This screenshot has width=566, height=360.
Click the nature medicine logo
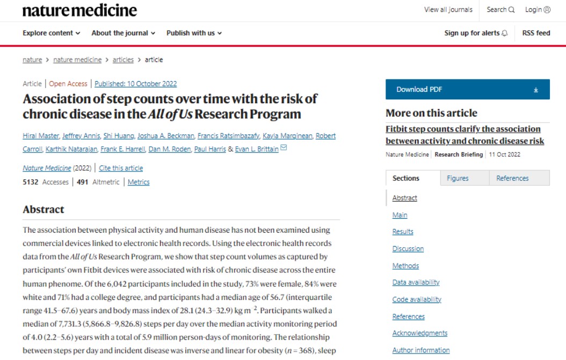click(x=79, y=10)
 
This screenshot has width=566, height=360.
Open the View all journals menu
click(x=448, y=10)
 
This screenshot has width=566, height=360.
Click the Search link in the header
click(x=500, y=10)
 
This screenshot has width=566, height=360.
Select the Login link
click(x=538, y=10)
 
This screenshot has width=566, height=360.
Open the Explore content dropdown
click(x=51, y=33)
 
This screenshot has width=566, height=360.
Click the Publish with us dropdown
click(x=194, y=33)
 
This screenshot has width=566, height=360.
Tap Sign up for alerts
click(x=475, y=33)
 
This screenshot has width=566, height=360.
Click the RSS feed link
click(x=536, y=33)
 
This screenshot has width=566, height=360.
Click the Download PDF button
click(x=467, y=90)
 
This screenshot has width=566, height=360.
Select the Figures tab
click(x=458, y=178)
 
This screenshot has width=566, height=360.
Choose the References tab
click(x=512, y=178)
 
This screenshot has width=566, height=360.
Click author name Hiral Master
click(x=42, y=135)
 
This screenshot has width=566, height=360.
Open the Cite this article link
click(x=121, y=168)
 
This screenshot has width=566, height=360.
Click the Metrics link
click(x=139, y=182)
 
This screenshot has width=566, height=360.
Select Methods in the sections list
click(x=405, y=265)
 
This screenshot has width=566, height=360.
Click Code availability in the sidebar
click(x=417, y=299)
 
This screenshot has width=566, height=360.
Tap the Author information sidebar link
click(x=421, y=350)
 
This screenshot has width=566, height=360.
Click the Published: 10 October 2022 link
click(x=135, y=84)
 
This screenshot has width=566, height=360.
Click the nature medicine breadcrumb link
click(x=77, y=60)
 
